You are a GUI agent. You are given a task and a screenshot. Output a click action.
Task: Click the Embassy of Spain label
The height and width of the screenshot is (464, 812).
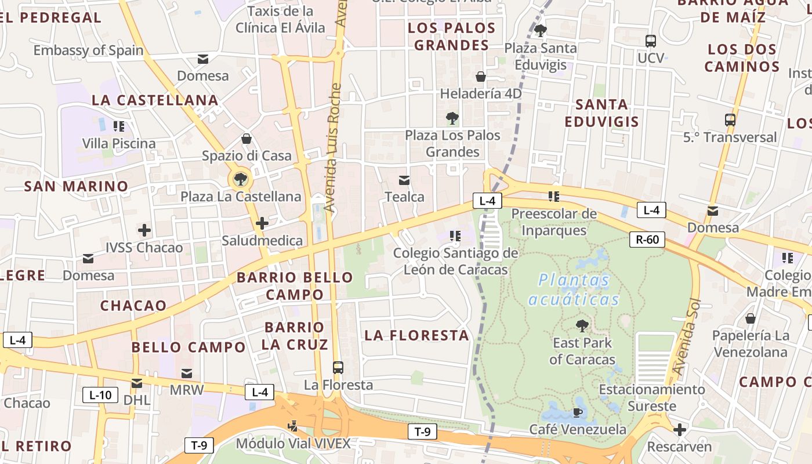[88, 50]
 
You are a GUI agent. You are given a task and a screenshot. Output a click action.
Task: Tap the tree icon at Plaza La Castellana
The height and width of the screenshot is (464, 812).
[240, 179]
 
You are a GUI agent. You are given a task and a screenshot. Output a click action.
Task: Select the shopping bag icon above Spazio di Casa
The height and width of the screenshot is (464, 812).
[246, 139]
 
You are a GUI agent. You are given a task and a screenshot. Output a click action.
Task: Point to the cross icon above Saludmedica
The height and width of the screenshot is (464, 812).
[262, 223]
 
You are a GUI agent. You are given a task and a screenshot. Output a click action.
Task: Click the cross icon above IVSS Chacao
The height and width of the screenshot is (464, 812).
[144, 230]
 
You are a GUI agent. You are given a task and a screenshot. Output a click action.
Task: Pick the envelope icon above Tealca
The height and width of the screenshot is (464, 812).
[404, 180]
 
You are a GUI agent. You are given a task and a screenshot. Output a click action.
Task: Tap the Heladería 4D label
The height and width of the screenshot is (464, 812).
[481, 93]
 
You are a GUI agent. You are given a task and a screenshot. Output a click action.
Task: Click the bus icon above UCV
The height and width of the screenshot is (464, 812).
[651, 41]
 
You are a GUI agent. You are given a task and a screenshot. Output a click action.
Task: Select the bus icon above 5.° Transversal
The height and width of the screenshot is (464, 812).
[730, 120]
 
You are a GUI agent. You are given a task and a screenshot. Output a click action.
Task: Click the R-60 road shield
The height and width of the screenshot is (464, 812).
[647, 239]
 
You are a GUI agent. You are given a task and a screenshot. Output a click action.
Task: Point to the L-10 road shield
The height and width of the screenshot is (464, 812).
[100, 396]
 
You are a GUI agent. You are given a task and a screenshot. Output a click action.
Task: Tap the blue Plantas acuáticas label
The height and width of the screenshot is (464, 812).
[574, 289]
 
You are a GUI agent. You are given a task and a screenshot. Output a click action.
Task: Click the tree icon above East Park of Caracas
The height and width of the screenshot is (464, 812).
[582, 326]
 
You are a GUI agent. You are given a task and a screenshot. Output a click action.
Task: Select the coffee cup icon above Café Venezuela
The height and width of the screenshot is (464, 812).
[578, 412]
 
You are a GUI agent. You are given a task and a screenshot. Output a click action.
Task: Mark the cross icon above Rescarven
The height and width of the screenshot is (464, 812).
[679, 430]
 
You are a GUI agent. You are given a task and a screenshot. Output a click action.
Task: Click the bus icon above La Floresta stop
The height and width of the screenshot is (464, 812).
[338, 368]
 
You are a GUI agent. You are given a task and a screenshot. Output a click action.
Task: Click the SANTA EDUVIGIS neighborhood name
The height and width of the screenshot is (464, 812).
[601, 113]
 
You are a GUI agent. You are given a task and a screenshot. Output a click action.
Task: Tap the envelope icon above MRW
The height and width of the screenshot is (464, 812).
[187, 373]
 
